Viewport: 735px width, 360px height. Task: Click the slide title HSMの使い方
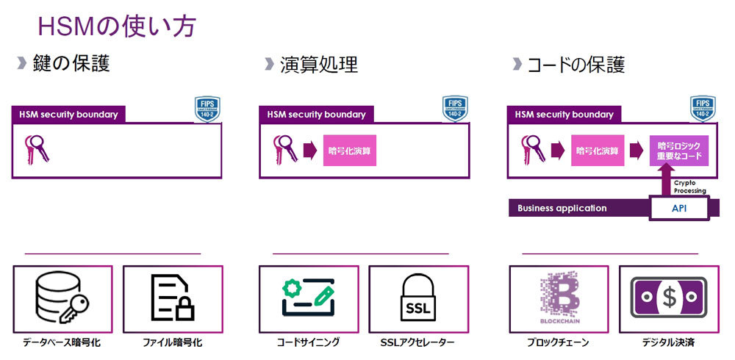[x=117, y=27]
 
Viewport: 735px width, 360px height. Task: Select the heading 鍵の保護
[x=71, y=64]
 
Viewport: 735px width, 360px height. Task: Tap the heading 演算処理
[x=318, y=65]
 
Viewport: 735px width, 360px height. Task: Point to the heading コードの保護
[x=576, y=65]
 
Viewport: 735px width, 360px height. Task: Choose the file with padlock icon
[x=171, y=297]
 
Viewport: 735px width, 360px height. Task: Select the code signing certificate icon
[x=308, y=297]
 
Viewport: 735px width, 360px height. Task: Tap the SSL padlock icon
[x=418, y=297]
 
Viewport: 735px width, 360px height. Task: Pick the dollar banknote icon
[x=668, y=297]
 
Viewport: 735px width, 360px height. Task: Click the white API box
[x=679, y=209]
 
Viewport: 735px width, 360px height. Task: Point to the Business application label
[x=562, y=208]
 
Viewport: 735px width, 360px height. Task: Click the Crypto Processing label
[x=689, y=187]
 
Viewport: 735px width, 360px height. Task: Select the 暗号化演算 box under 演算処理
[x=349, y=151]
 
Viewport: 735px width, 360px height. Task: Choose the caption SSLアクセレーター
[x=417, y=342]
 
